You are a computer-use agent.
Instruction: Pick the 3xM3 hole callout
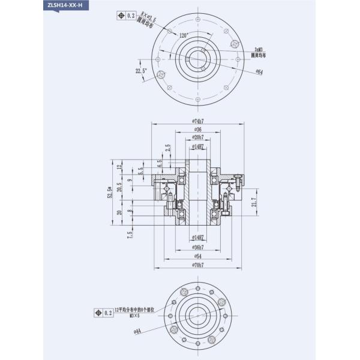click(259, 50)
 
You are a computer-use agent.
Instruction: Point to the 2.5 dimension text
click(169, 148)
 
